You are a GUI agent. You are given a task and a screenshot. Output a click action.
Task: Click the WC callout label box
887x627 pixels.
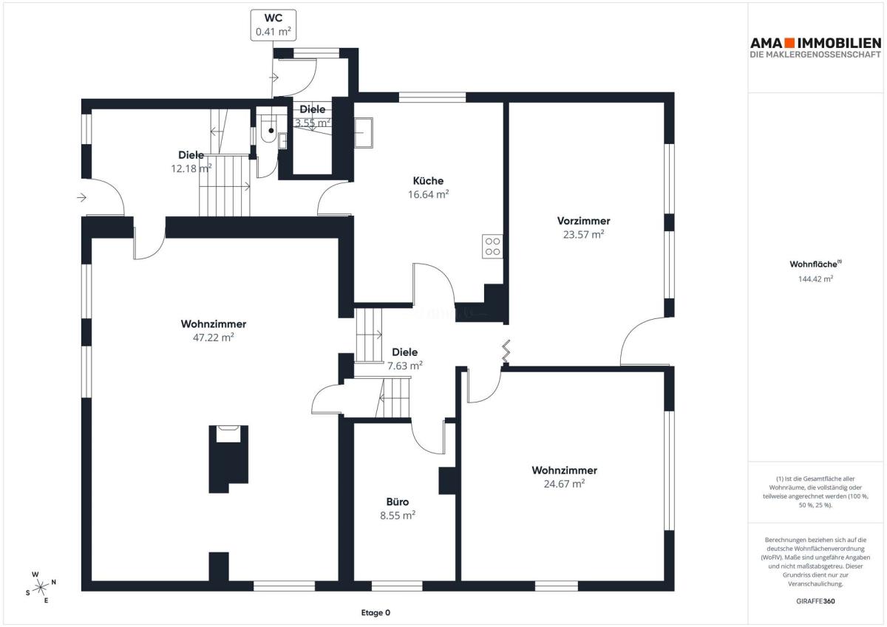[273, 25]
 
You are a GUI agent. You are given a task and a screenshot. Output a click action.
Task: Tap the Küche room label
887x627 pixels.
[428, 181]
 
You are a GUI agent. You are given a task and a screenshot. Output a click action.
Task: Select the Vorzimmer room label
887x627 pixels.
[583, 221]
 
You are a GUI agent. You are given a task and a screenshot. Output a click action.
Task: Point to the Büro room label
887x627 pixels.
[398, 502]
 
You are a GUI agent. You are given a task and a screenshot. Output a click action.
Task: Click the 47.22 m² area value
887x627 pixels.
[214, 338]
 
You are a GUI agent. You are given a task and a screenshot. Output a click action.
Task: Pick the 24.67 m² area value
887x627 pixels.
[564, 484]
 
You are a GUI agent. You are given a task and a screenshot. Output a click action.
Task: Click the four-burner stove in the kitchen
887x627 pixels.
[492, 247]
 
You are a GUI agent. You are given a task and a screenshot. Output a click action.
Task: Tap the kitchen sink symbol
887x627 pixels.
[363, 133]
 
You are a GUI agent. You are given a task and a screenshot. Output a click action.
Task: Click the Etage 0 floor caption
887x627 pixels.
[375, 613]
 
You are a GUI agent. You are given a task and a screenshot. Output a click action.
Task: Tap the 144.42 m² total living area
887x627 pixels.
[815, 279]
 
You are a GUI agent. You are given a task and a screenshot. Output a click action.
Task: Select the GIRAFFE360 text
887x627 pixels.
[815, 601]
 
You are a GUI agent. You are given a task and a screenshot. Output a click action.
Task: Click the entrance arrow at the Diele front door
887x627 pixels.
[81, 197]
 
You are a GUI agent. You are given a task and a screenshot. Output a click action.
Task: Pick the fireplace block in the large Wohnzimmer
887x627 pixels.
[228, 459]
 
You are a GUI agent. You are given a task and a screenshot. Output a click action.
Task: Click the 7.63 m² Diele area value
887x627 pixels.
[405, 366]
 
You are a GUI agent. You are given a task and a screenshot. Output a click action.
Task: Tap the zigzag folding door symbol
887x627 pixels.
[506, 352]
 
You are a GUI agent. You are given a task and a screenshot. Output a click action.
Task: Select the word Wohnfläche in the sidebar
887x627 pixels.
[813, 264]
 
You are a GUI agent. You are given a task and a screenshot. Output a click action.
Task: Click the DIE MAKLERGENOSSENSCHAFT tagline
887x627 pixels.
[815, 55]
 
